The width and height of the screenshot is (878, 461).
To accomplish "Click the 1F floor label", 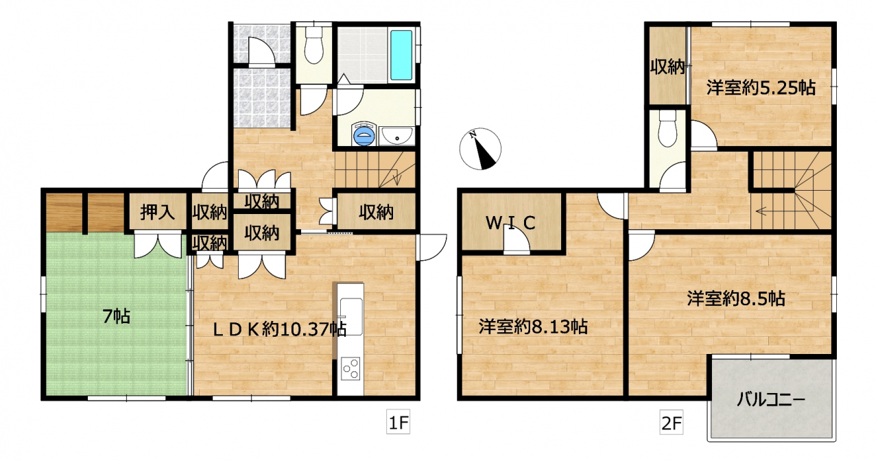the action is tap(399, 422).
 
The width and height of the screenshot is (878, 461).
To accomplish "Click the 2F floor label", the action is tap(672, 422).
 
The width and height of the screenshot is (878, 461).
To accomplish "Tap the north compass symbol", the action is tap(480, 149).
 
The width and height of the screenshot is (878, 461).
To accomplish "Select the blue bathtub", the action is tap(401, 55).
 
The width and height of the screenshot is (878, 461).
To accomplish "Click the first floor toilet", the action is tap(313, 45).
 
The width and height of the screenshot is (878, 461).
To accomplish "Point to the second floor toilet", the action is tap(667, 128).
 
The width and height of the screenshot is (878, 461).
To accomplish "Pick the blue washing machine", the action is tap(364, 134).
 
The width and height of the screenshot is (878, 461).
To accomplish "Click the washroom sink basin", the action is tap(396, 136).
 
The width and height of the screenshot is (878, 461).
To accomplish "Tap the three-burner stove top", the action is tap(351, 369).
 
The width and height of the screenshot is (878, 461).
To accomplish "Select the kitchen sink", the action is tap(351, 317).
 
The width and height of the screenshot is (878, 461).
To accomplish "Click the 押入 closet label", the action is tap(158, 212).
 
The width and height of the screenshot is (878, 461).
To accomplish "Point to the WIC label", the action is tap(511, 223).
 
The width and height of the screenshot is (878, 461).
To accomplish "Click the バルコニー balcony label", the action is tap(770, 400).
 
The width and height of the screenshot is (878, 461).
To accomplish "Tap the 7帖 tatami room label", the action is tap(117, 316).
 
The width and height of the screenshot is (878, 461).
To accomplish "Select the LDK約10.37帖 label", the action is tap(279, 330).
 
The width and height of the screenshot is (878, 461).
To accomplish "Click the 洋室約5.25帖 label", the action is tap(761, 88).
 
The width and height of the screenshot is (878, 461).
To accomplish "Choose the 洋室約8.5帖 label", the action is tap(736, 298).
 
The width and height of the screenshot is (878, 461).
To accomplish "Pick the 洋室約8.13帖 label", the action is tap(533, 327).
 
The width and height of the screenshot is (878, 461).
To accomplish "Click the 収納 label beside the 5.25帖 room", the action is tap(667, 67).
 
